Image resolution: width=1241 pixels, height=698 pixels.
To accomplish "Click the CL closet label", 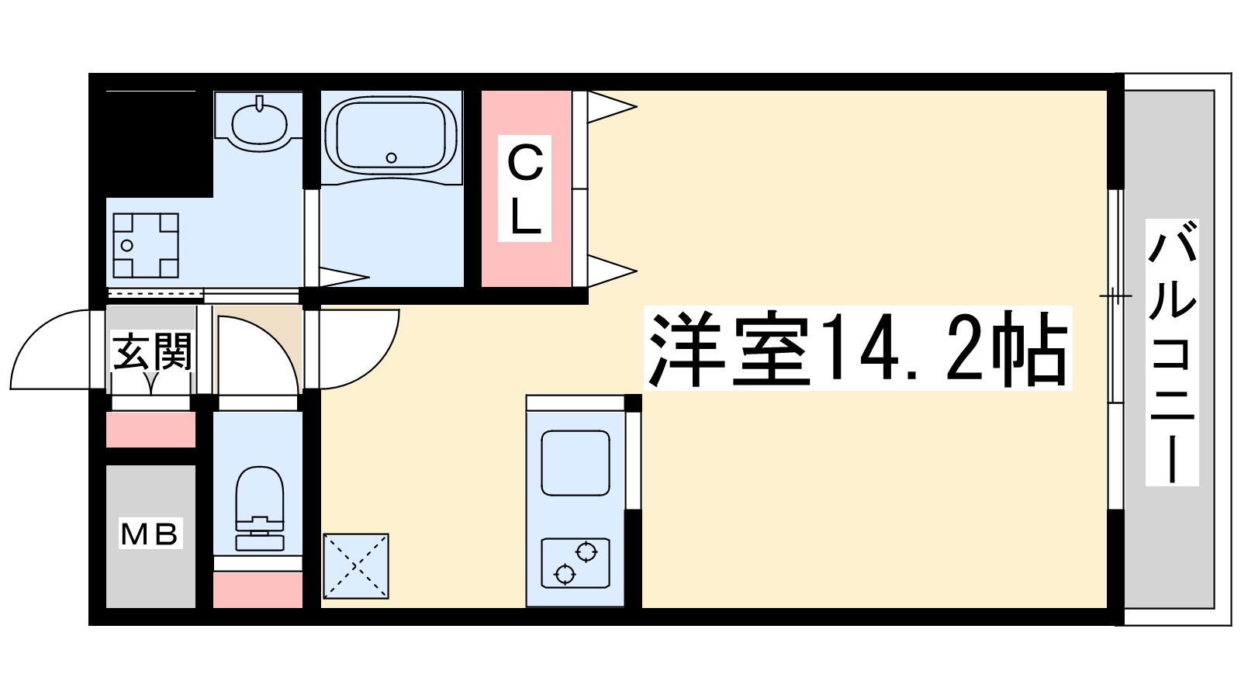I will pyautogui.click(x=525, y=188).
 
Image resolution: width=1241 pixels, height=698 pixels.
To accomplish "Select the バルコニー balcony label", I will pyautogui.click(x=1172, y=352).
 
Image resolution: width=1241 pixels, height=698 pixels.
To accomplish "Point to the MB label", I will pyautogui.click(x=150, y=533).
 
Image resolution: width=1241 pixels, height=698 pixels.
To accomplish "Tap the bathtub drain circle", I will pyautogui.click(x=391, y=158).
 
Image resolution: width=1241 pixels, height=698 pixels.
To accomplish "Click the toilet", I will pyautogui.click(x=258, y=508).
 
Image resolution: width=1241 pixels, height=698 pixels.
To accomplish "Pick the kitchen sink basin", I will pyautogui.click(x=575, y=463).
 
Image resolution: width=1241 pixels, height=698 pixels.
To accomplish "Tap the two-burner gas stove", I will pyautogui.click(x=575, y=562).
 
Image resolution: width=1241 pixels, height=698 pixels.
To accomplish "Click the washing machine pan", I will pyautogui.click(x=146, y=245).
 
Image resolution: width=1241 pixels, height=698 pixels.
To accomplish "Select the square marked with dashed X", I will pyautogui.click(x=355, y=566).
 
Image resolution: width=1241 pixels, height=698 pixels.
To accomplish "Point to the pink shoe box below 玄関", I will pyautogui.click(x=150, y=429).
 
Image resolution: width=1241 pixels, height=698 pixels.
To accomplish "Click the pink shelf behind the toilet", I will pyautogui.click(x=258, y=590).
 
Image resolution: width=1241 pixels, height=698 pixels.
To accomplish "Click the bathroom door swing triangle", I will pyautogui.click(x=341, y=276).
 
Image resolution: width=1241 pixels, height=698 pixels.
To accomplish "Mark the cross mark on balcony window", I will pyautogui.click(x=1115, y=295).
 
